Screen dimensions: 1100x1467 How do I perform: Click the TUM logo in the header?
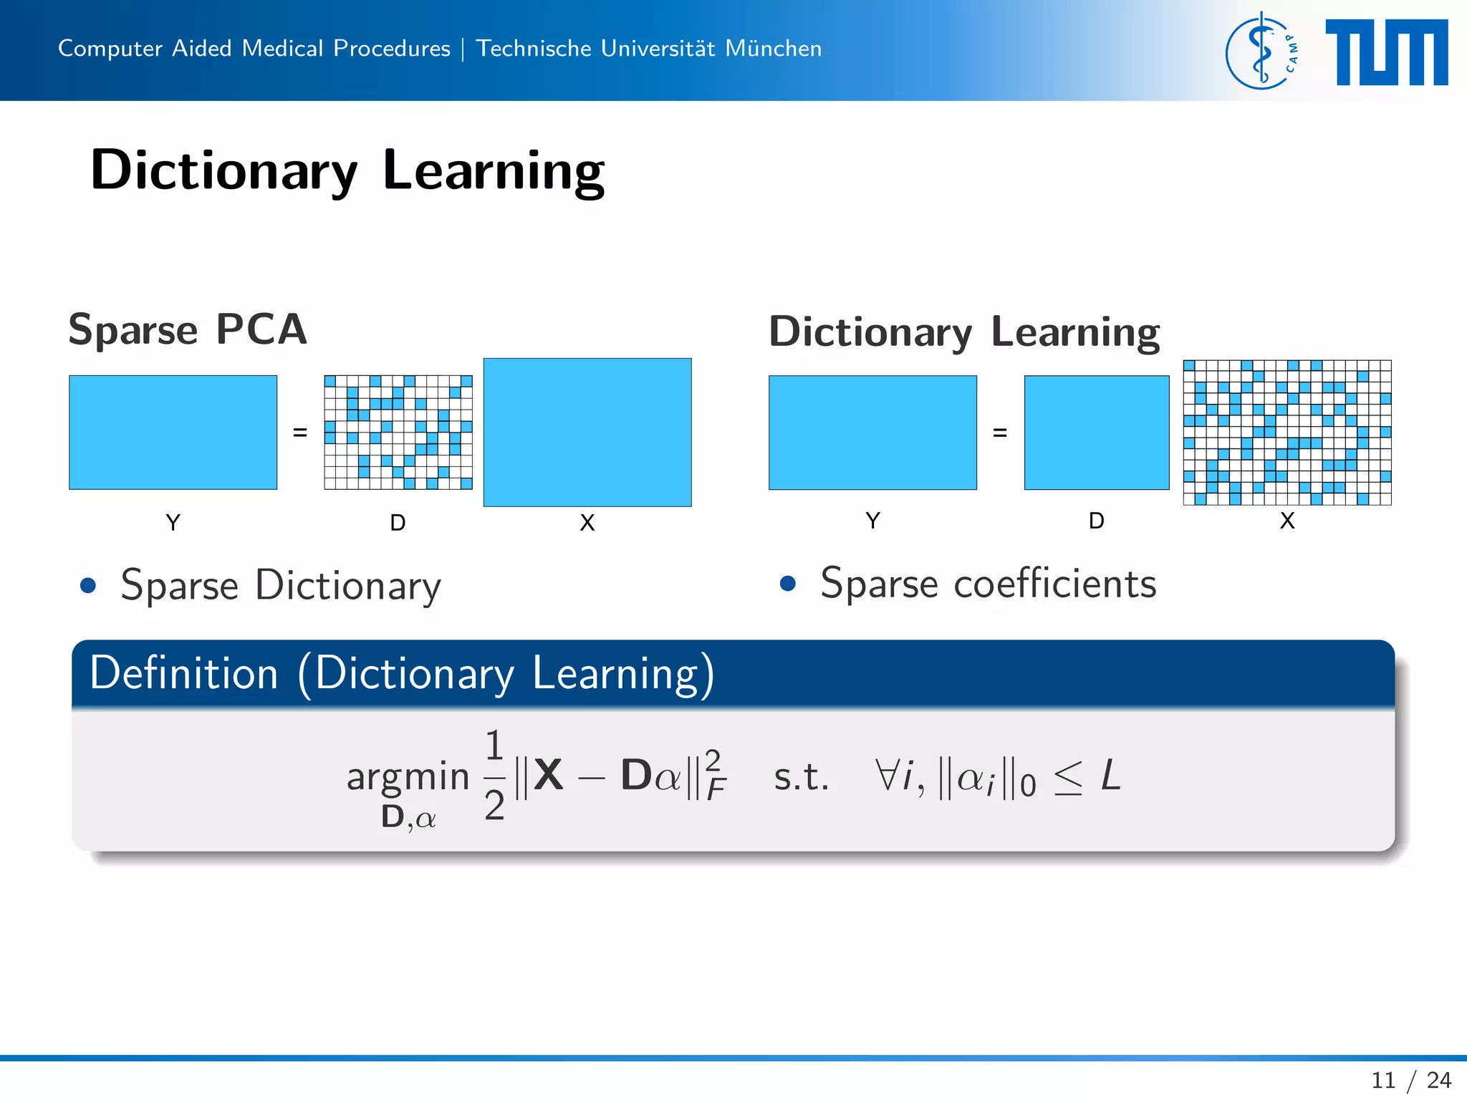1386,52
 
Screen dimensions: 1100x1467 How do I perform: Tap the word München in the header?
773,48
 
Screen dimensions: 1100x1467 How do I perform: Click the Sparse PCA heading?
188,329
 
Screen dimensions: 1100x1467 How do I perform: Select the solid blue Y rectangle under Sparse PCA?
173,432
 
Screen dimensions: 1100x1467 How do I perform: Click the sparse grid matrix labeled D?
398,432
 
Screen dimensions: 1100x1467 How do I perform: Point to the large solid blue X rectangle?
587,432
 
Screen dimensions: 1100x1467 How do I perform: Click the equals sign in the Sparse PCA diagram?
300,433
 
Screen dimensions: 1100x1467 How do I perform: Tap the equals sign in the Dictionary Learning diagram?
1000,433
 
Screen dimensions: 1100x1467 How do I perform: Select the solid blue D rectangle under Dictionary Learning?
1096,432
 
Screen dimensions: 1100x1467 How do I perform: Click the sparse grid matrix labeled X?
1286,432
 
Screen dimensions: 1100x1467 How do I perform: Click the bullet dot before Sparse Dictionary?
88,586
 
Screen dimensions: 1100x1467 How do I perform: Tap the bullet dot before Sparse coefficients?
788,584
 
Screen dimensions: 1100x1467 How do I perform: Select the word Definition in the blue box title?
184,673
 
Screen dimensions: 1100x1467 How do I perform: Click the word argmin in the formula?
408,776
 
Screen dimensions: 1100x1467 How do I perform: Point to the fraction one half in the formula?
494,775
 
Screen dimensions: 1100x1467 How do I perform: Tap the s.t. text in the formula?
801,778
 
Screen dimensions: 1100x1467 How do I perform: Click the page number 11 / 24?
1410,1079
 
